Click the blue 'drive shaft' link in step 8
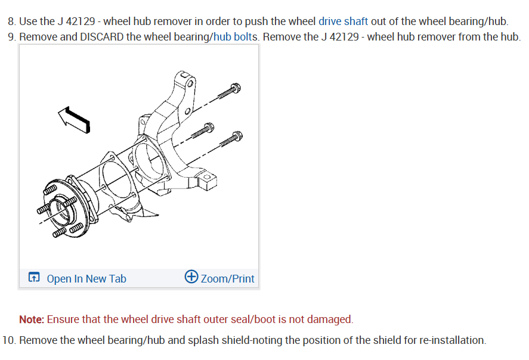point(343,21)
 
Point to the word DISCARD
point(97,37)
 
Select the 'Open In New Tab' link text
point(86,278)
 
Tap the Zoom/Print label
point(228,278)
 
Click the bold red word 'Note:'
point(32,319)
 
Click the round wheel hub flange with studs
point(63,212)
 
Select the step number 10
point(8,340)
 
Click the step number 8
point(11,21)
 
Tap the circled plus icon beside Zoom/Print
point(191,277)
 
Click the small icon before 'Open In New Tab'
point(34,278)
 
